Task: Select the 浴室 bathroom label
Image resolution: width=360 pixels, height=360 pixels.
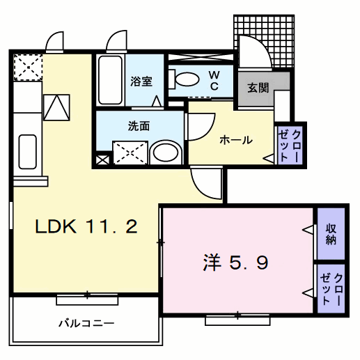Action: coord(141,81)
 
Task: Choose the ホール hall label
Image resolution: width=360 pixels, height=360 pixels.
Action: coord(236,140)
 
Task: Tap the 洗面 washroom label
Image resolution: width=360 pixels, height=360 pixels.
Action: coord(139,127)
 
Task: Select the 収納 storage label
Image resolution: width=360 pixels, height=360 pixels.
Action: coord(331,234)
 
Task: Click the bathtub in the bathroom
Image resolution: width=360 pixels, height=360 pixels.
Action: coord(110,81)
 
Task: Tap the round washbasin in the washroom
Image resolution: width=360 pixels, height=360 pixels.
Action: coord(165,152)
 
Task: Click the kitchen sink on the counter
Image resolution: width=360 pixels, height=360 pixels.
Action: coord(26,150)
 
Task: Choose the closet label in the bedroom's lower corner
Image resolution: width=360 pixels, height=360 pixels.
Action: coord(331,286)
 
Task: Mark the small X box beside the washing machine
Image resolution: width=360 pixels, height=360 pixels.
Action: coord(102,159)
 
